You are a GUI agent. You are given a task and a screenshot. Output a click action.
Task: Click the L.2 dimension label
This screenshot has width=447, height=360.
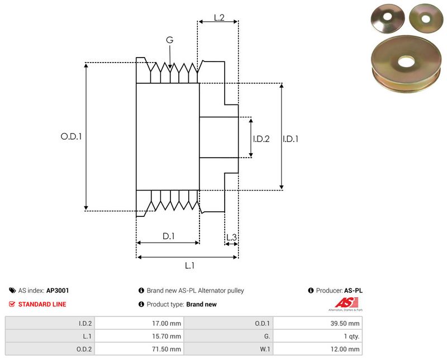(219, 17)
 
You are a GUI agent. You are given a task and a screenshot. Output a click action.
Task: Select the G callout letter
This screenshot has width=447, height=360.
(169, 40)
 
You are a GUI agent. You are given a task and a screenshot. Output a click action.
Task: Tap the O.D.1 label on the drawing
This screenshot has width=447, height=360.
(71, 136)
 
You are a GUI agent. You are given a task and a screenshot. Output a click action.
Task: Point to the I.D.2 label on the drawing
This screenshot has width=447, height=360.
(261, 139)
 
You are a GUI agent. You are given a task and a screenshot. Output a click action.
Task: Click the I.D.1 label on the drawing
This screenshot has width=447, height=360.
(291, 139)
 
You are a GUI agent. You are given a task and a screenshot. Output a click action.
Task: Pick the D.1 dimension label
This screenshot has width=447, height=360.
(169, 236)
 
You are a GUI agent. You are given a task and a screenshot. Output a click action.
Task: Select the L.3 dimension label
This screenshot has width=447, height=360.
(231, 238)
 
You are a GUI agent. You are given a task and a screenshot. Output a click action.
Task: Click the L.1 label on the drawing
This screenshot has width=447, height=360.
(189, 266)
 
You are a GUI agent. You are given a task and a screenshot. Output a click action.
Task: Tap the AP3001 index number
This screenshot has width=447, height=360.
(58, 291)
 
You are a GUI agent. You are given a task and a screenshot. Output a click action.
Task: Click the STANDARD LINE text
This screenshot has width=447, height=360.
(42, 305)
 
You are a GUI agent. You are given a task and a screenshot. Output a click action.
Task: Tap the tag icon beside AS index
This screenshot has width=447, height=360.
(12, 291)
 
